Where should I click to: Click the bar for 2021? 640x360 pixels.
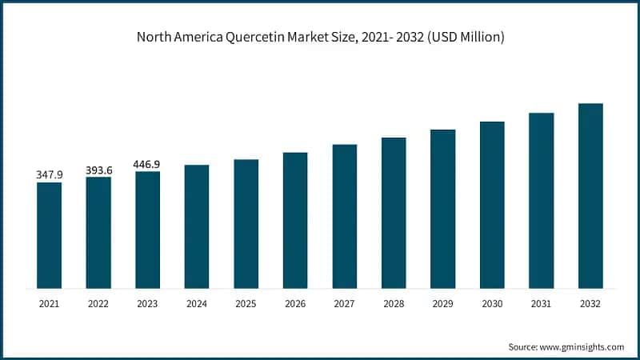49,235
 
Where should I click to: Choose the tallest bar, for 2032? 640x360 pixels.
590,196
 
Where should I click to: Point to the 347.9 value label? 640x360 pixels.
50,174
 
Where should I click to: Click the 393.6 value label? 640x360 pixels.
98,168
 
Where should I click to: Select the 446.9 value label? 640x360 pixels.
147,162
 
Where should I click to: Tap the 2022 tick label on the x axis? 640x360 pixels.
98,304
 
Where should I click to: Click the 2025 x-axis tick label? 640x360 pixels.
246,304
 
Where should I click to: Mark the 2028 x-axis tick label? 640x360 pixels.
394,304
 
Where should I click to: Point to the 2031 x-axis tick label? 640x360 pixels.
542,304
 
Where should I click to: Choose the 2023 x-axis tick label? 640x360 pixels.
148,304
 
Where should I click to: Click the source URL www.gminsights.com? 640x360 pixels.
582,346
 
